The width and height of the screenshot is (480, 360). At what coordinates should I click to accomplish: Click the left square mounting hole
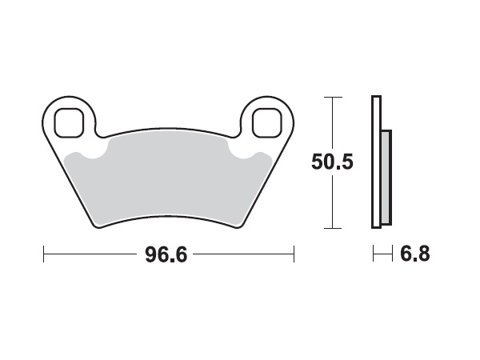pos(70,122)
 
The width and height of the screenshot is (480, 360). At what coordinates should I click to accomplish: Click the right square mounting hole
pos(266,122)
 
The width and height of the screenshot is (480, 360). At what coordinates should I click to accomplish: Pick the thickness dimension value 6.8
pos(414,256)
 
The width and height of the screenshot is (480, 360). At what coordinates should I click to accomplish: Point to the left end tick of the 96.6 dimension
pos(42,255)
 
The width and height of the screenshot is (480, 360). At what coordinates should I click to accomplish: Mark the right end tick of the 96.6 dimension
pos(295,255)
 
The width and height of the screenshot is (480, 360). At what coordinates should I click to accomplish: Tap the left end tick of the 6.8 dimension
pos(374,255)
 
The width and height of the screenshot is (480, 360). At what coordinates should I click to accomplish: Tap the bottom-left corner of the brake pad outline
pos(98,226)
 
